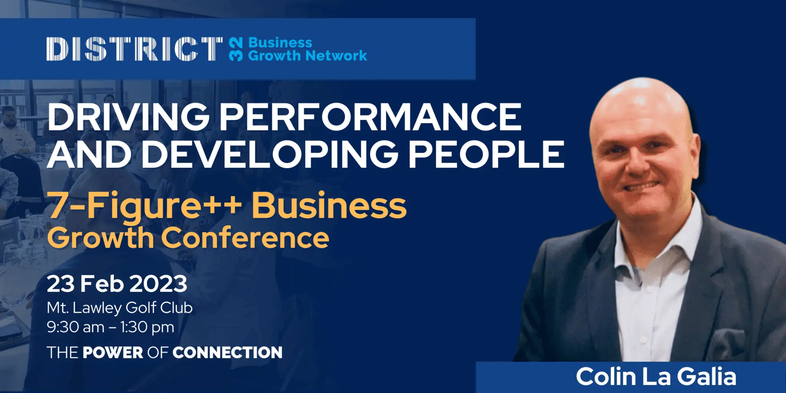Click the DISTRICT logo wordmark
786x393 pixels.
coord(134,49)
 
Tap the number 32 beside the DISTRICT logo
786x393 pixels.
coord(236,49)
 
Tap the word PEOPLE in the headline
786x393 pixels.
coord(486,154)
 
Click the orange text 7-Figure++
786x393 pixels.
coord(144,206)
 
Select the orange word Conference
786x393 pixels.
coord(245,238)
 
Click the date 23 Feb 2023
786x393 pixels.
coord(117,284)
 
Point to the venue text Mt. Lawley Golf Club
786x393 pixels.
coord(120,308)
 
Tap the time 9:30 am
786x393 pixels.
coord(76,327)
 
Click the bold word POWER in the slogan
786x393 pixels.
coord(113,352)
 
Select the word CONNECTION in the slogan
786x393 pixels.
coord(227,352)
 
